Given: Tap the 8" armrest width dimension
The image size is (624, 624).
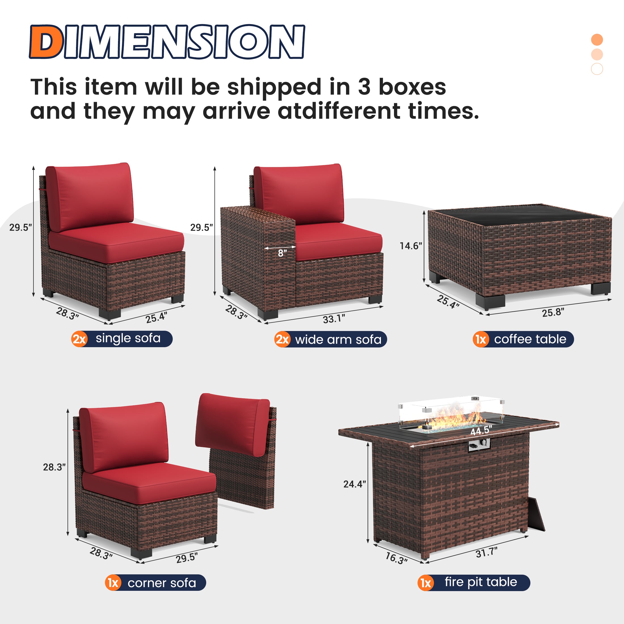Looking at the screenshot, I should click(282, 254).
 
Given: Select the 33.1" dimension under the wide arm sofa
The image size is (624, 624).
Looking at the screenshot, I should click(334, 319).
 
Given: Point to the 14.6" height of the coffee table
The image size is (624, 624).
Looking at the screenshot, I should click(410, 246).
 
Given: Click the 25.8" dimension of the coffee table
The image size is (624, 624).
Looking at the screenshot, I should click(553, 312).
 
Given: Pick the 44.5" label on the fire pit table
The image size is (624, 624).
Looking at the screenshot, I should click(481, 431).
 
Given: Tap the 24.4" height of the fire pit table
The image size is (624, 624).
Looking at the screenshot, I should click(354, 484).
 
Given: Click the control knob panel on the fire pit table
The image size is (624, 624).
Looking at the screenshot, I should click(479, 445).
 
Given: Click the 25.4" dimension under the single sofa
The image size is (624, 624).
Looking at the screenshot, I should click(156, 318).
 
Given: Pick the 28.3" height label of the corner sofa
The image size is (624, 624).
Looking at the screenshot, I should click(54, 467).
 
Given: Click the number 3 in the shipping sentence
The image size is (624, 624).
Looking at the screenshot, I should click(364, 87).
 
